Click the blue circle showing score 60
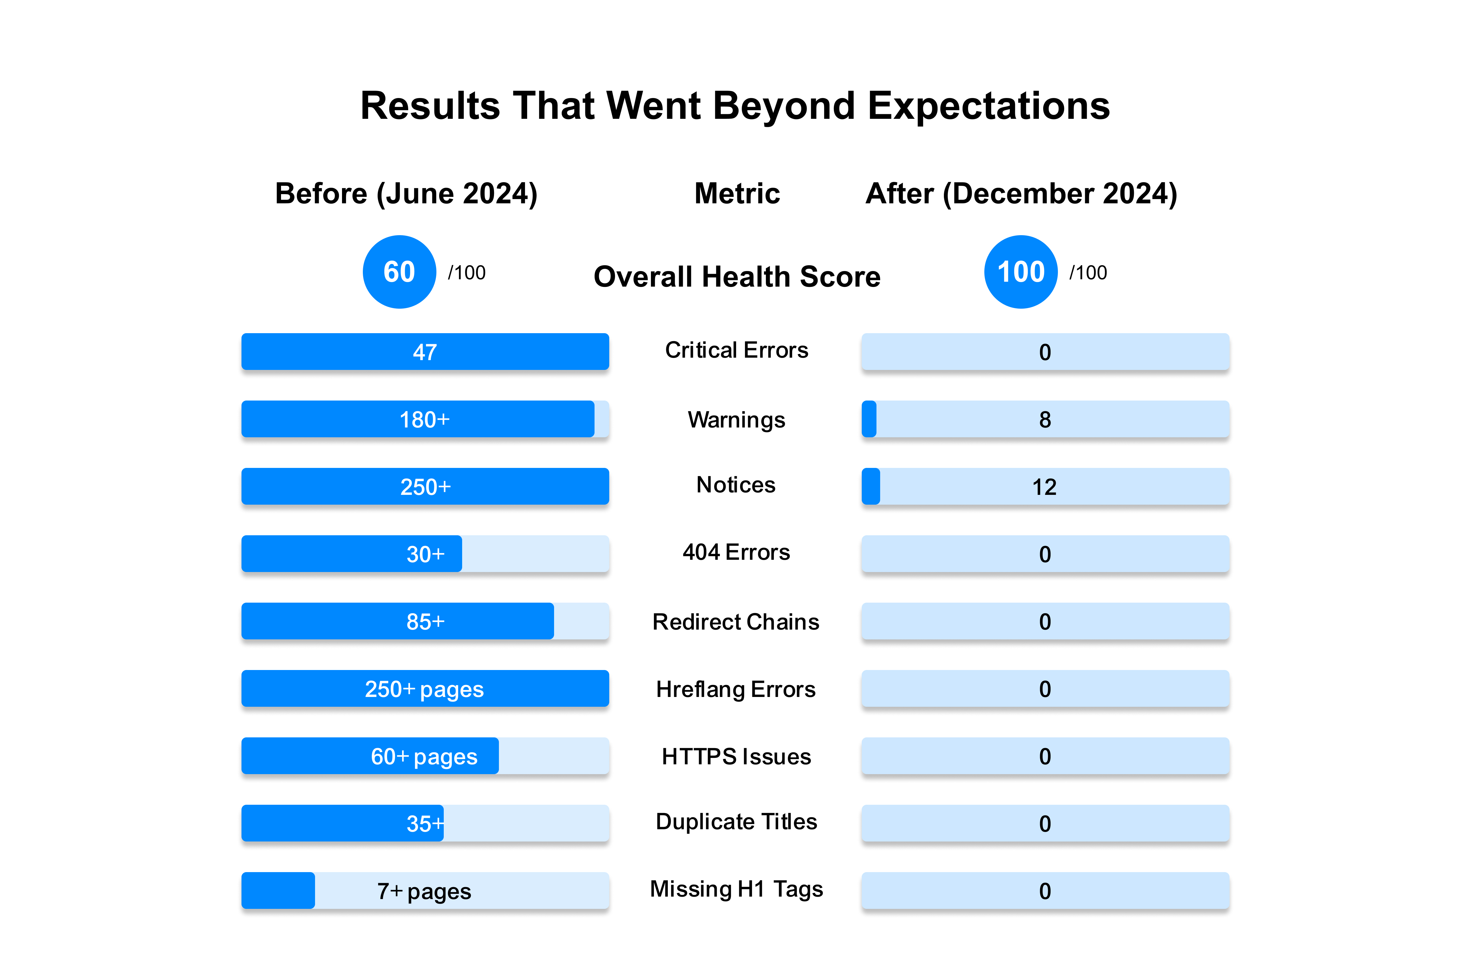(399, 272)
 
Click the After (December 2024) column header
(1021, 194)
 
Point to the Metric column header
(737, 194)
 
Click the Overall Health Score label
(737, 277)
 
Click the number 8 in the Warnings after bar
(1045, 420)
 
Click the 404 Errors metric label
(736, 552)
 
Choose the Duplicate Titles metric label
(736, 821)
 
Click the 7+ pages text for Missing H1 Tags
(424, 891)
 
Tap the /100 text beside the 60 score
(467, 272)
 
